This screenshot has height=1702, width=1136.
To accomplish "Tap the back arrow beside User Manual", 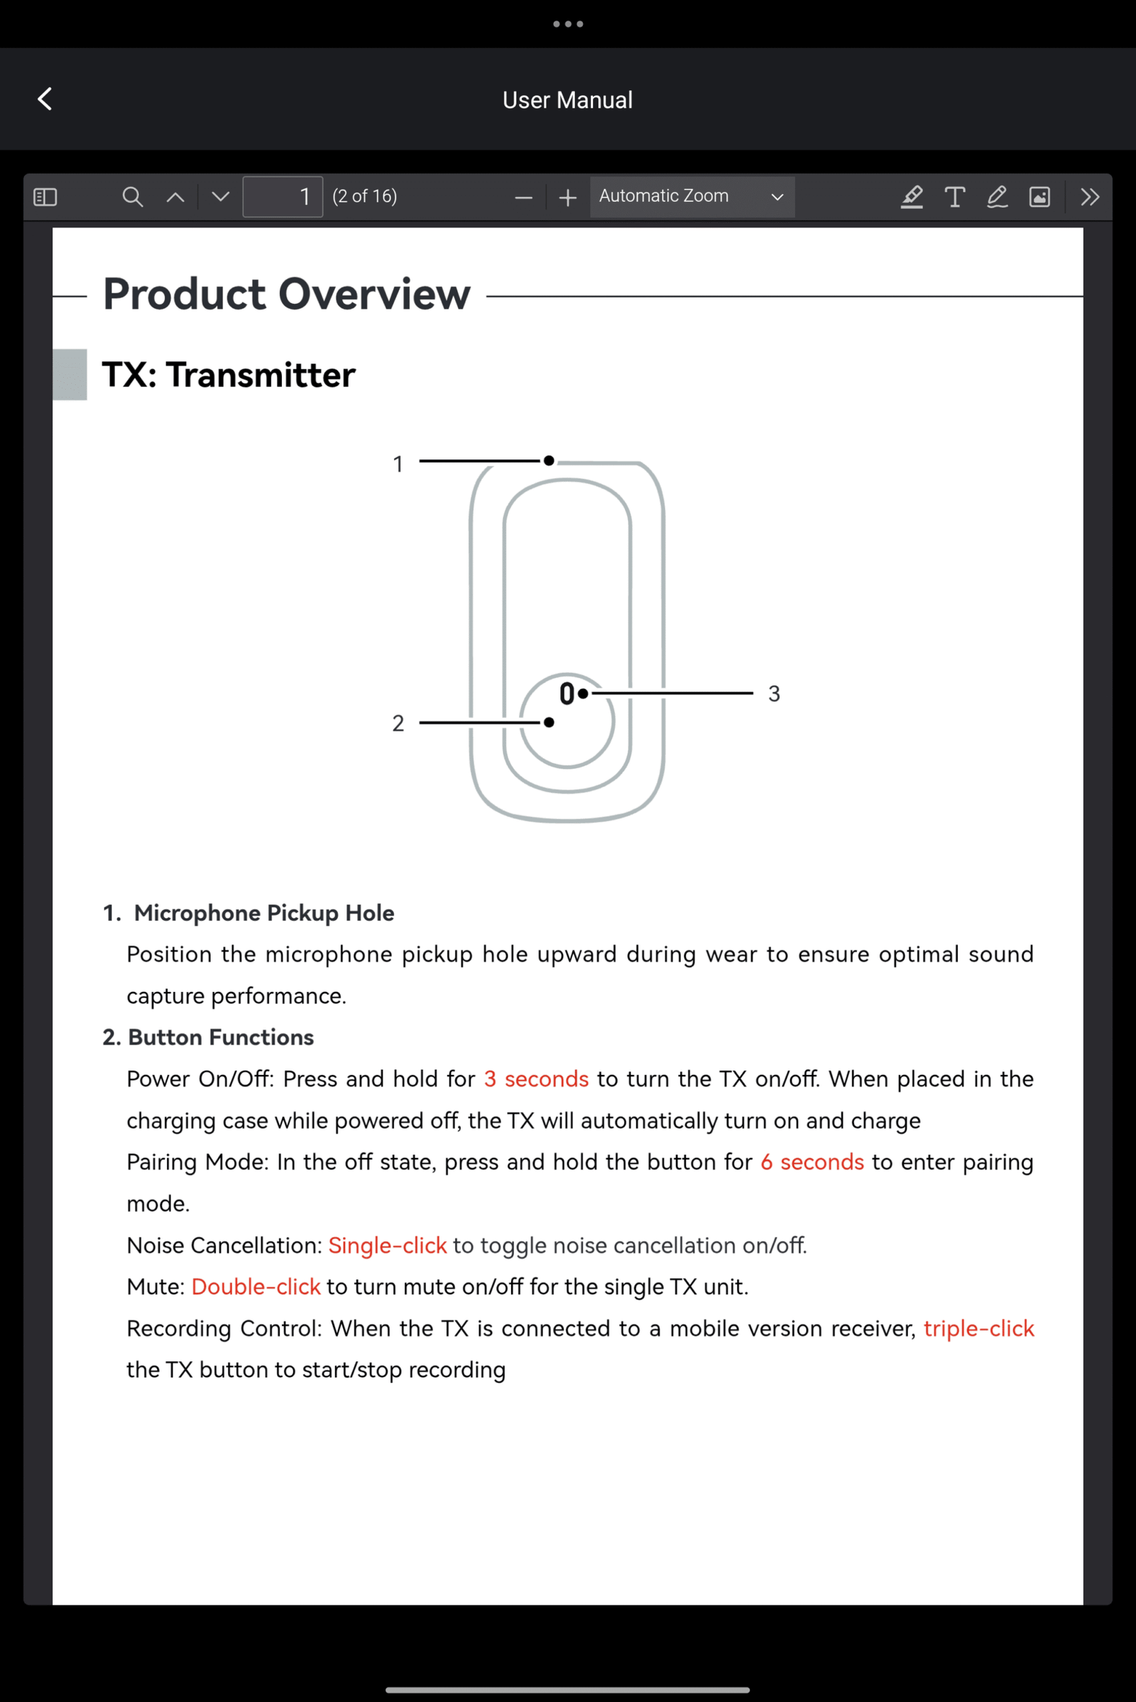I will point(45,99).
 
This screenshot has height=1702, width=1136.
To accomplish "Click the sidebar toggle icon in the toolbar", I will point(45,197).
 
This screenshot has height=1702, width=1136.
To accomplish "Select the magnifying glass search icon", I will point(132,197).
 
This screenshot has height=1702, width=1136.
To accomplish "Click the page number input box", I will point(283,197).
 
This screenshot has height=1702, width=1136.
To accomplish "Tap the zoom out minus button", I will point(523,197).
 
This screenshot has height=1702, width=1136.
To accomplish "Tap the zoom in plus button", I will point(568,197).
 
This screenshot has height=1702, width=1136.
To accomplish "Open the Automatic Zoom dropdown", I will point(692,197).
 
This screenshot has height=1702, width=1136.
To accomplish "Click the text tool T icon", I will point(955,197).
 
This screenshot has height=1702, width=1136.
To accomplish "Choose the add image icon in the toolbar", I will point(1039,197).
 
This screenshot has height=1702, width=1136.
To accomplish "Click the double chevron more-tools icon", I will point(1090,197).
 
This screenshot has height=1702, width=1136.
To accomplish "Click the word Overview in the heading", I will point(374,294).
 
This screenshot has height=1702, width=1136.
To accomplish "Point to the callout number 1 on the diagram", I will point(398,464).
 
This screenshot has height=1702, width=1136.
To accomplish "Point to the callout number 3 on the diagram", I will point(774,694).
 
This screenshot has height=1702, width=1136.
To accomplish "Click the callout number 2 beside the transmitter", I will point(398,723).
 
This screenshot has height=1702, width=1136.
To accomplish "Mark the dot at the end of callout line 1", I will point(549,461).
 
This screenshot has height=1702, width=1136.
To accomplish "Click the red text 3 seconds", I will point(536,1079).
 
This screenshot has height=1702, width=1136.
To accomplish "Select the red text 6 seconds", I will point(812,1162).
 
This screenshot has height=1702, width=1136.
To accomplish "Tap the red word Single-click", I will point(388,1245).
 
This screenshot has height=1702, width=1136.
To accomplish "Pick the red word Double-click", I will point(256,1287).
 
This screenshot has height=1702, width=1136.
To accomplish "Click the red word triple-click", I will point(979,1329).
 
